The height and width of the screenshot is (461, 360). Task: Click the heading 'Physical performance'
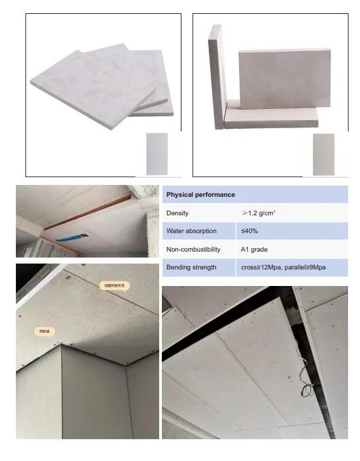click(200, 195)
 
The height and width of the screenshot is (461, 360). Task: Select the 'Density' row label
click(178, 213)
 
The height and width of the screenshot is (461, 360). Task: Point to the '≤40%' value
click(249, 232)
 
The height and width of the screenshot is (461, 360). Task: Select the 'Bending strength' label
click(191, 267)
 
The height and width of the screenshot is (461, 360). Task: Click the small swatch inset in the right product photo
click(324, 153)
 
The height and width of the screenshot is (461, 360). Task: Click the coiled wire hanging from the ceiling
click(305, 390)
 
